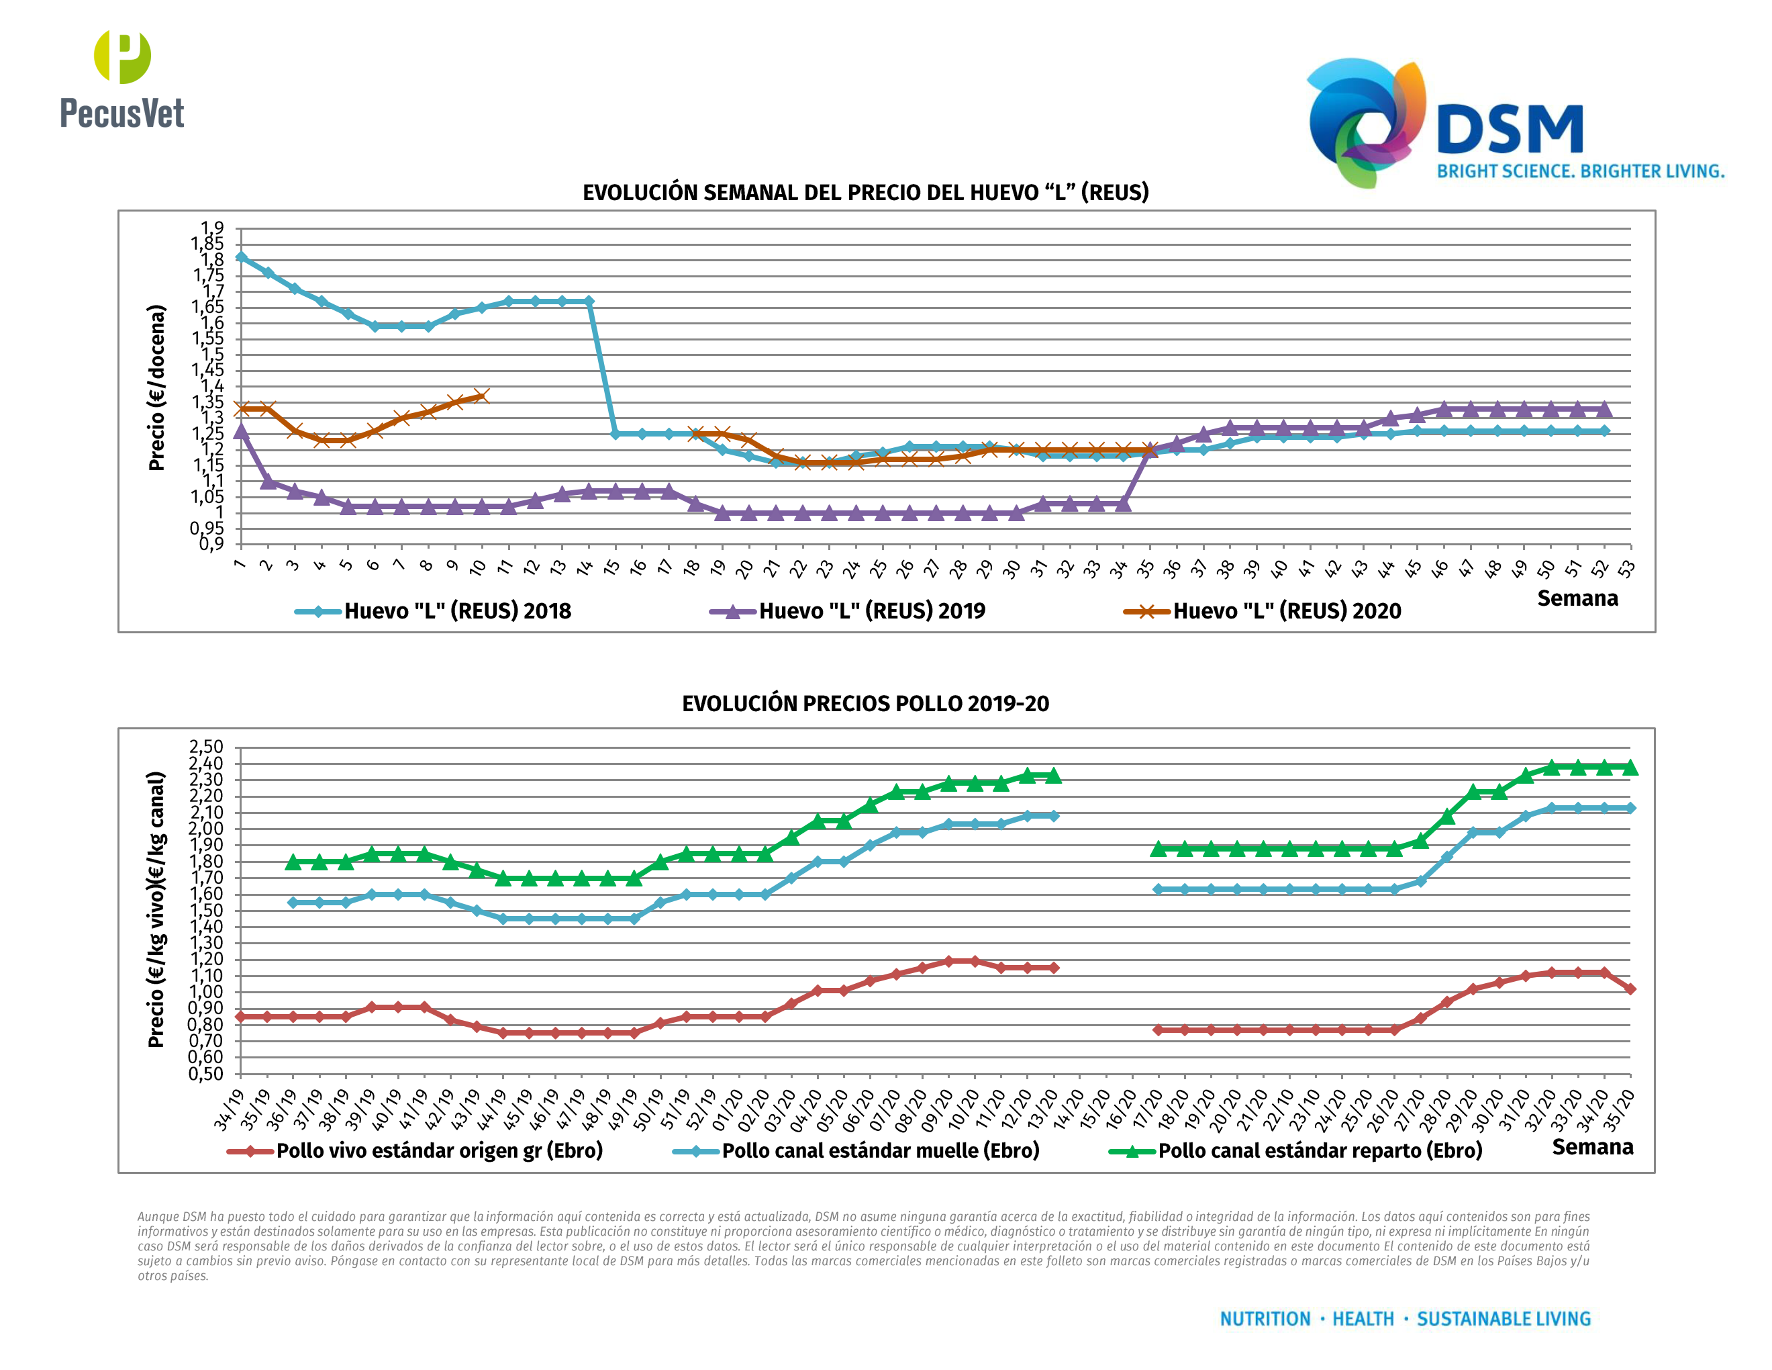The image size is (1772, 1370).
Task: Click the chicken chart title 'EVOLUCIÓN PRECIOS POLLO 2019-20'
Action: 865,704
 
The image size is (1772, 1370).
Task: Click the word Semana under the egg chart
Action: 1577,599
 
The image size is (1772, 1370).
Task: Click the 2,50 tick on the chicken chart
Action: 206,747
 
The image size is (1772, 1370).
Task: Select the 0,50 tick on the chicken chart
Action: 206,1074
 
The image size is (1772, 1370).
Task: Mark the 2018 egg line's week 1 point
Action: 241,257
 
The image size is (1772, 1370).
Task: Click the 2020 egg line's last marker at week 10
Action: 481,396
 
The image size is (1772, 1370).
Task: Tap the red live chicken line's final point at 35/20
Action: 1630,989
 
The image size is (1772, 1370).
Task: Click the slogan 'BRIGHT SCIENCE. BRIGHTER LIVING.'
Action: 1580,171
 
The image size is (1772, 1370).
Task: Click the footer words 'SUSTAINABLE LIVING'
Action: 1504,1319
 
